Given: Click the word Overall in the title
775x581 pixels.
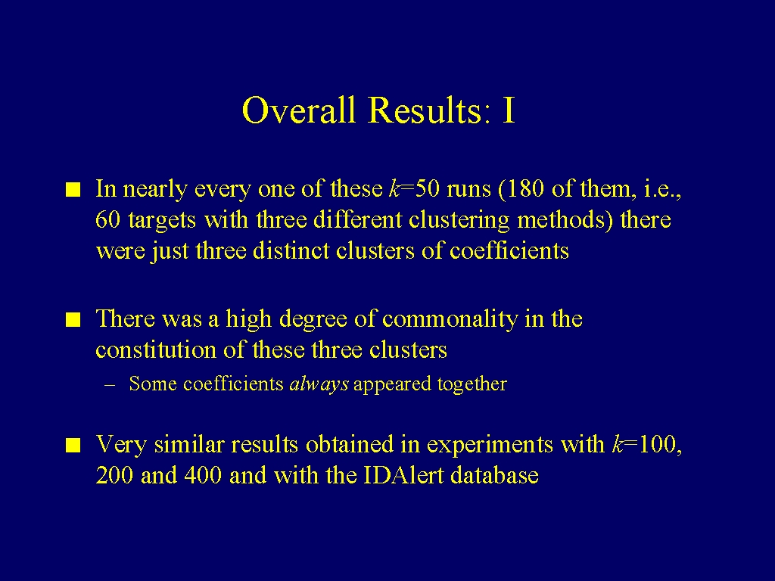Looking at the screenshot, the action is pyautogui.click(x=299, y=109).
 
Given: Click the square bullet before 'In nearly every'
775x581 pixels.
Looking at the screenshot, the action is pyautogui.click(x=73, y=190).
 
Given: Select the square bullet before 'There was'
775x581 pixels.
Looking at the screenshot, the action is pyautogui.click(x=73, y=320).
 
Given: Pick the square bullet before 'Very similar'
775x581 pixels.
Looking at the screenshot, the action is pyautogui.click(x=73, y=445).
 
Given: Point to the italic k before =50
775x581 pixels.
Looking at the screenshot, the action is pyautogui.click(x=395, y=188).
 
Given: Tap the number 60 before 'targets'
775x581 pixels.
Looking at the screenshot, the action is pyautogui.click(x=107, y=219).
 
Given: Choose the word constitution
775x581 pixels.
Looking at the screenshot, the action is pyautogui.click(x=156, y=350).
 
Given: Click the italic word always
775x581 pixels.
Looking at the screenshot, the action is pyautogui.click(x=319, y=384).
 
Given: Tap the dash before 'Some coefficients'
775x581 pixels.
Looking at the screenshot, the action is pyautogui.click(x=110, y=385).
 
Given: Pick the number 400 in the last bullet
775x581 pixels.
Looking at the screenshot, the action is pyautogui.click(x=203, y=475).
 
